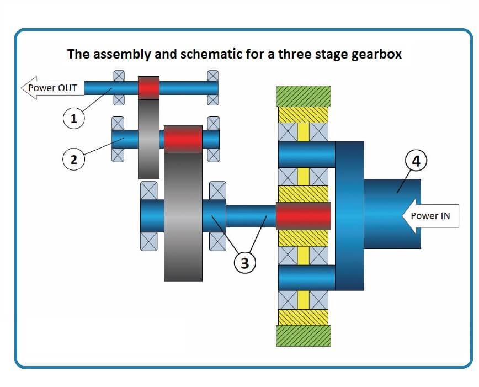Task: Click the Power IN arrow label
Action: tap(430, 215)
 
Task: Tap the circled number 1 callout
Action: tap(73, 117)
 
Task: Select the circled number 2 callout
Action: tap(73, 160)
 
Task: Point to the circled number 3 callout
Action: tap(244, 263)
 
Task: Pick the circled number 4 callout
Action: tap(416, 162)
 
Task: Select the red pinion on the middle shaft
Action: tap(182, 139)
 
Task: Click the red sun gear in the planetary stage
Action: tap(303, 216)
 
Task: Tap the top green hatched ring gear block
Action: tap(303, 96)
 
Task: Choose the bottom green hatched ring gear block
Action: tap(303, 336)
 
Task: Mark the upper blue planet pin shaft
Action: tap(306, 155)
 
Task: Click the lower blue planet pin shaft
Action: tap(306, 277)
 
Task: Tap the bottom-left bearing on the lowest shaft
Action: tap(149, 241)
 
